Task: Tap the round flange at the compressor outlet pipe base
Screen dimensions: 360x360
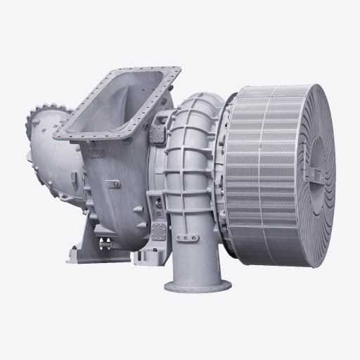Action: pyautogui.click(x=198, y=285)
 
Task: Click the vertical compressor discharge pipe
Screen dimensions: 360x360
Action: pyautogui.click(x=195, y=253)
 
